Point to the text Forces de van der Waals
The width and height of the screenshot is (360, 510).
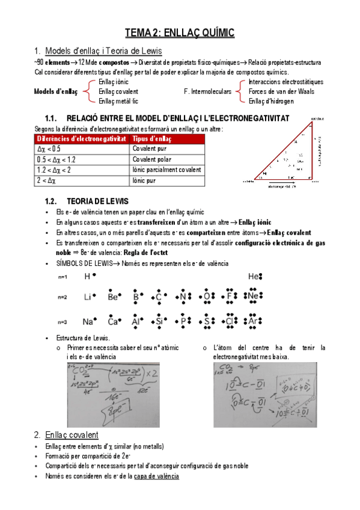pyautogui.click(x=281, y=91)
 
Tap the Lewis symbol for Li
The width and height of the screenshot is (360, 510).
pyautogui.click(x=90, y=297)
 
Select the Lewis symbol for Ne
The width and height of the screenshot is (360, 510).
pyautogui.click(x=254, y=297)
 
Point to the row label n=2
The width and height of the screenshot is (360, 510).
pyautogui.click(x=63, y=298)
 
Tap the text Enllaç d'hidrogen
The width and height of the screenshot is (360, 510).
pyautogui.click(x=272, y=101)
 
